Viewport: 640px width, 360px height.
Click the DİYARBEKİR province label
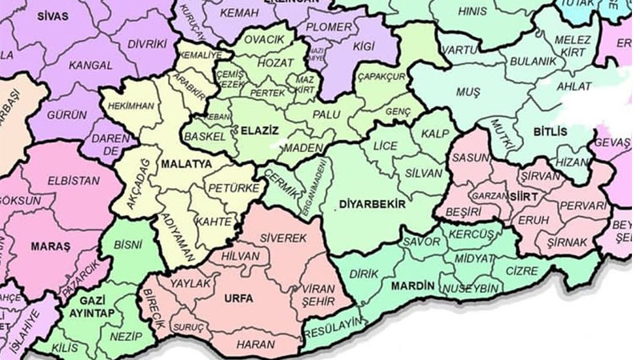click(x=372, y=204)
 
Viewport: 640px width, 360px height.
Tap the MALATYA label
click(x=186, y=163)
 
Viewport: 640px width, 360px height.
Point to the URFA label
click(x=239, y=298)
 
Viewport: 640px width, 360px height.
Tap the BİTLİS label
click(x=552, y=130)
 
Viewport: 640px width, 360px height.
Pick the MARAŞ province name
click(x=50, y=246)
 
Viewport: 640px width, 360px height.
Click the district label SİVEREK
click(x=283, y=238)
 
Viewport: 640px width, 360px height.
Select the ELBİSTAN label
click(x=74, y=181)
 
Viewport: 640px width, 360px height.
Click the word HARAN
click(x=256, y=344)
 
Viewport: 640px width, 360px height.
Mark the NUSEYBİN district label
click(x=472, y=287)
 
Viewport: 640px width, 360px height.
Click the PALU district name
click(x=326, y=115)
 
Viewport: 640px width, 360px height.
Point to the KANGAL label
click(x=90, y=65)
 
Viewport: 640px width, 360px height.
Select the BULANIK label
click(x=526, y=60)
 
